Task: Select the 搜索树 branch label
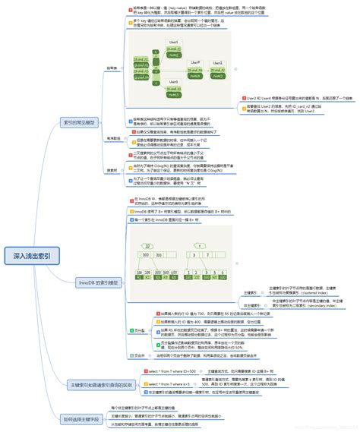click(112, 169)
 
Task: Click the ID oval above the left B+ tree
click(147, 225)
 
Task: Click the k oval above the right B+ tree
click(200, 225)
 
